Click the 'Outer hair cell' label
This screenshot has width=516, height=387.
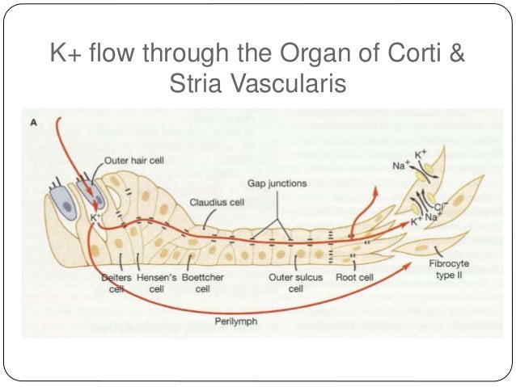coord(133,160)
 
